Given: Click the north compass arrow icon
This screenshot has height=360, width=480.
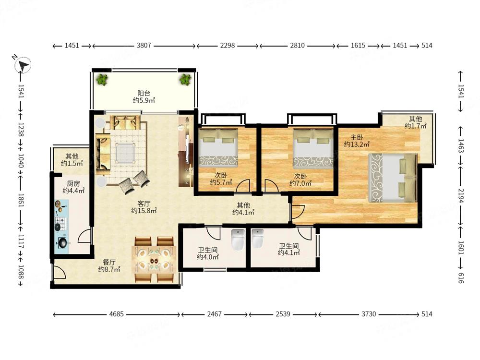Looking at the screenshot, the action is (x=23, y=65).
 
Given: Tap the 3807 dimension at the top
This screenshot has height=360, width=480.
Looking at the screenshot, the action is (x=144, y=46).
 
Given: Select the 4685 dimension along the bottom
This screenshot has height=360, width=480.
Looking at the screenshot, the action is (x=116, y=314).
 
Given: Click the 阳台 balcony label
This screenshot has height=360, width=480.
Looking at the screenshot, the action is (x=144, y=93).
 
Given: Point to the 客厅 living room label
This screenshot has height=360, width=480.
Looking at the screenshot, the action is (x=144, y=203).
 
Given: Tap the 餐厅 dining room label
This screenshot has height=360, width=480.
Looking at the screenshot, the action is (x=109, y=263).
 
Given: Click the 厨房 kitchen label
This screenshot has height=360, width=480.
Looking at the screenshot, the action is (x=73, y=183).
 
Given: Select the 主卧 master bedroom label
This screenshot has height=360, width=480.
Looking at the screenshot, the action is (x=357, y=137).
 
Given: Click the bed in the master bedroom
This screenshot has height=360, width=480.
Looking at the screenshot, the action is (x=393, y=178).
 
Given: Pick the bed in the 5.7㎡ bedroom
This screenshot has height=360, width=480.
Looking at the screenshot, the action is (x=218, y=147).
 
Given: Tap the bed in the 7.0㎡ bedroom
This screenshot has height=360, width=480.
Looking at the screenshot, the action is (x=313, y=148).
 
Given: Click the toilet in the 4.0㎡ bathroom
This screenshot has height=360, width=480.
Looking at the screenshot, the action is (x=238, y=239).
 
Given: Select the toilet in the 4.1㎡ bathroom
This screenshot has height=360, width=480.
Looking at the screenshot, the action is (x=258, y=239).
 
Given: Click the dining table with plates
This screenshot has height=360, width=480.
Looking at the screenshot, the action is (x=154, y=256).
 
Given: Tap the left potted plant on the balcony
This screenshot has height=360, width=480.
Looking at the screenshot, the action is (x=102, y=80).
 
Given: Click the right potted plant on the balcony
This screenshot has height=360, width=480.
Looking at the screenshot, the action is (x=185, y=80).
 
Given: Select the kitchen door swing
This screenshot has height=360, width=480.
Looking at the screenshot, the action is (x=85, y=236).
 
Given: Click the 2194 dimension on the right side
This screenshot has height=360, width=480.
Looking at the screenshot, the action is (x=461, y=196).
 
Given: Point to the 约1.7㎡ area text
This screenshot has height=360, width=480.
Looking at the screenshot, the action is (x=415, y=126).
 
